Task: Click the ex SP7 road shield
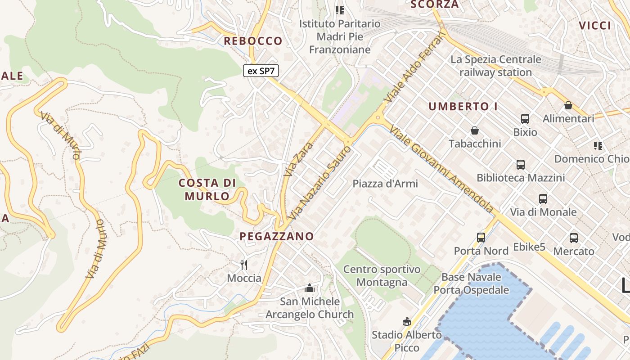click(x=261, y=71)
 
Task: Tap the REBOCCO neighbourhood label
click(x=253, y=41)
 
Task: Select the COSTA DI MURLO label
click(x=207, y=189)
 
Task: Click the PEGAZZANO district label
click(x=276, y=236)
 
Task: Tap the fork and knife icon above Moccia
click(x=244, y=265)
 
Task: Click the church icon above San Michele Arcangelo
click(x=310, y=288)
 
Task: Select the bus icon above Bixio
click(x=525, y=119)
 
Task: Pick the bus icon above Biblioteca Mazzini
click(x=521, y=164)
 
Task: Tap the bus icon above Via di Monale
click(x=543, y=198)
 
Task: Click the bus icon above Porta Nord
click(x=481, y=237)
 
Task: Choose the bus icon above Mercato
click(x=574, y=238)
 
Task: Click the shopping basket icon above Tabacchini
click(x=475, y=130)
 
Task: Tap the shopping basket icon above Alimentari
click(x=568, y=105)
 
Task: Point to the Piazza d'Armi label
click(x=385, y=184)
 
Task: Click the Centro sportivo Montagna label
click(x=382, y=276)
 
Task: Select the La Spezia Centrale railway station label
click(x=496, y=66)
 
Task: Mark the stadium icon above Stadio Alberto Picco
click(x=407, y=321)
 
